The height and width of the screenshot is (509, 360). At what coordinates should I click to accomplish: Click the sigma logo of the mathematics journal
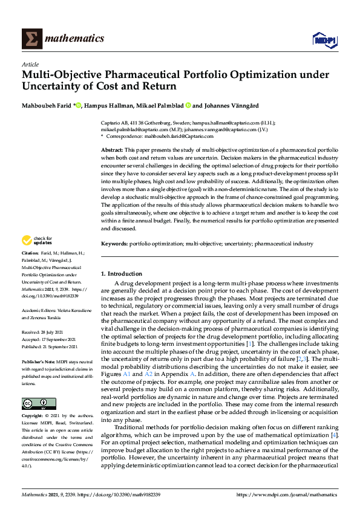(31, 38)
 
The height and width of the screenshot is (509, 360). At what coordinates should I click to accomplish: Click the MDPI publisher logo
(324, 40)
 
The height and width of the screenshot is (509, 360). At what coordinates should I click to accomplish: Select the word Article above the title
(30, 64)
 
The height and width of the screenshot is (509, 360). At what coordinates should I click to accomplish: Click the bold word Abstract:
(113, 149)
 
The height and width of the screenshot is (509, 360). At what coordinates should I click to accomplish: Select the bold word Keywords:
(114, 243)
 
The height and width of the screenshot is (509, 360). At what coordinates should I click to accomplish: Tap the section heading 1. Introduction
(121, 274)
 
